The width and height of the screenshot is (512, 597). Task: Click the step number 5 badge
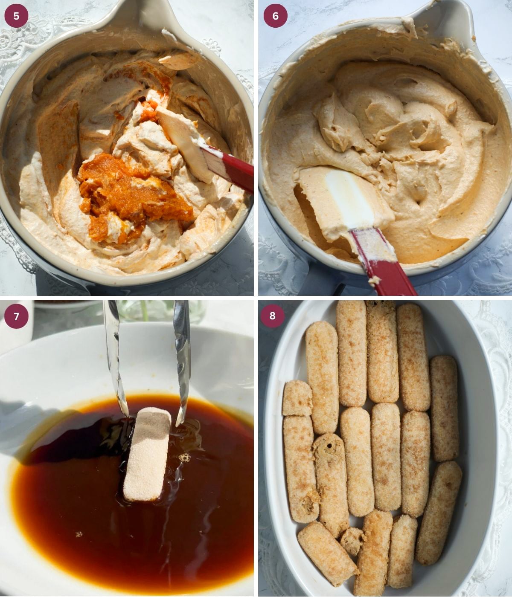tap(16, 16)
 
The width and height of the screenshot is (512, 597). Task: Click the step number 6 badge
tap(275, 16)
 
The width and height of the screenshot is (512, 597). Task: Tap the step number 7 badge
tap(16, 316)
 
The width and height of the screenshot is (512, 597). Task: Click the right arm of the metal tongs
tap(182, 354)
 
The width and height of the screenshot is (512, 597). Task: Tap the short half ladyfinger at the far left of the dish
tap(297, 398)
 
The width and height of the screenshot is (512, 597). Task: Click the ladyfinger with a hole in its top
tap(330, 482)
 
